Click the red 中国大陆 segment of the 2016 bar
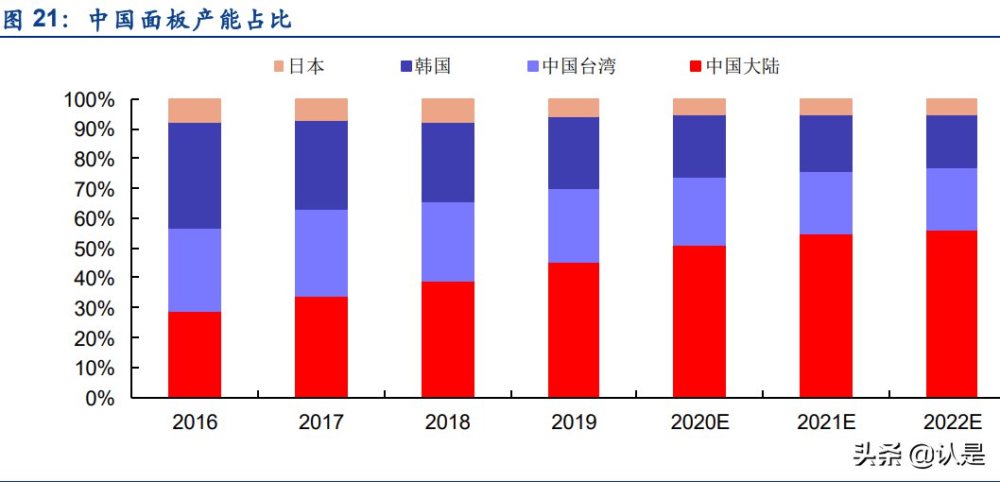pyautogui.click(x=195, y=354)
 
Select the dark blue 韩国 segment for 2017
pyautogui.click(x=321, y=165)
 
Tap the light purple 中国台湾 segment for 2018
pyautogui.click(x=448, y=242)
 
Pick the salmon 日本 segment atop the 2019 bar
pyautogui.click(x=574, y=108)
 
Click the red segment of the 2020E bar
pyautogui.click(x=699, y=321)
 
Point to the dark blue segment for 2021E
pyautogui.click(x=826, y=144)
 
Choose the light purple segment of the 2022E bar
pyautogui.click(x=952, y=199)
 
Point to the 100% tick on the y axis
pyautogui.click(x=89, y=99)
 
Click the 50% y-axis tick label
pyautogui.click(x=95, y=249)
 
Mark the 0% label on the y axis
pyautogui.click(x=99, y=398)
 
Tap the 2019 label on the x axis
pyautogui.click(x=574, y=422)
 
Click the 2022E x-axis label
pyautogui.click(x=952, y=422)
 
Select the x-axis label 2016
pyautogui.click(x=195, y=422)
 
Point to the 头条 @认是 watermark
pyautogui.click(x=918, y=455)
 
